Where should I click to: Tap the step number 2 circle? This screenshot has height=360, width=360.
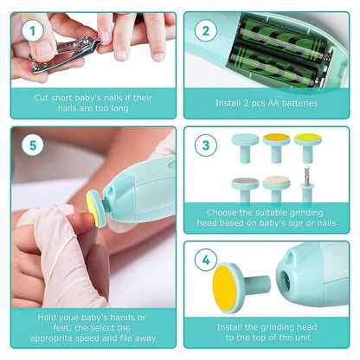click(205, 31)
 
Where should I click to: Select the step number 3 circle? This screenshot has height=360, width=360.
click(205, 145)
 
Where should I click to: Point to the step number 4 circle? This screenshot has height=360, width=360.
click(205, 258)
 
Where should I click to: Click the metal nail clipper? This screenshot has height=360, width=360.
click(52, 55)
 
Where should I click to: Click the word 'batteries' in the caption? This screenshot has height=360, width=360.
click(297, 102)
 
